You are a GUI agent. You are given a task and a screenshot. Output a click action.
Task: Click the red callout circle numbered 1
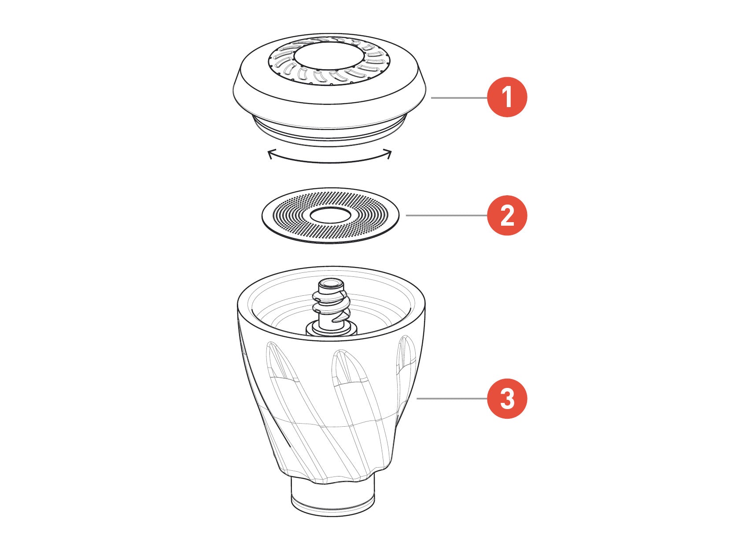pyautogui.click(x=507, y=97)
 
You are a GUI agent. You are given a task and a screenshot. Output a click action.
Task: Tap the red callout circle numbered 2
pyautogui.click(x=507, y=215)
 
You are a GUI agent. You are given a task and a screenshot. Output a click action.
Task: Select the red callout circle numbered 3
pyautogui.click(x=507, y=398)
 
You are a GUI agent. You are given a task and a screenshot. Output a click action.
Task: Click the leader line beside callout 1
pyautogui.click(x=459, y=98)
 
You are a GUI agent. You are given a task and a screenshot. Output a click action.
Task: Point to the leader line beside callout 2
pyautogui.click(x=446, y=216)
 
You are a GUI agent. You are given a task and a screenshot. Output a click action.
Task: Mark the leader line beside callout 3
pyautogui.click(x=452, y=398)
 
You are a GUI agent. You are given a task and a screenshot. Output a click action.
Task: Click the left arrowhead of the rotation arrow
pyautogui.click(x=270, y=154)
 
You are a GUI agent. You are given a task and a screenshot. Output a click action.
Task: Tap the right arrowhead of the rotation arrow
pyautogui.click(x=388, y=154)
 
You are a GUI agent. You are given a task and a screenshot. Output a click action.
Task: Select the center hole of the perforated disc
pyautogui.click(x=330, y=215)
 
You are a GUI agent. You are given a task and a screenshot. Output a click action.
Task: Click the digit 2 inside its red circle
pyautogui.click(x=507, y=216)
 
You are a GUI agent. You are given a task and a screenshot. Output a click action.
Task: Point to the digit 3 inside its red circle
pyautogui.click(x=507, y=398)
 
